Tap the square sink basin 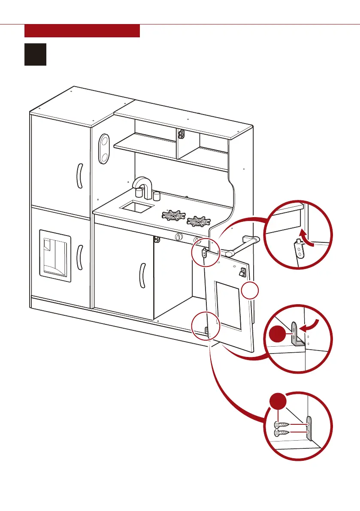[136, 208]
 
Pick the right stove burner [199, 221]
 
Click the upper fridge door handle [79, 175]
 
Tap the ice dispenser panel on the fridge [55, 255]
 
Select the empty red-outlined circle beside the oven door [250, 292]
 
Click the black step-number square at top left [35, 54]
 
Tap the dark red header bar [82, 31]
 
